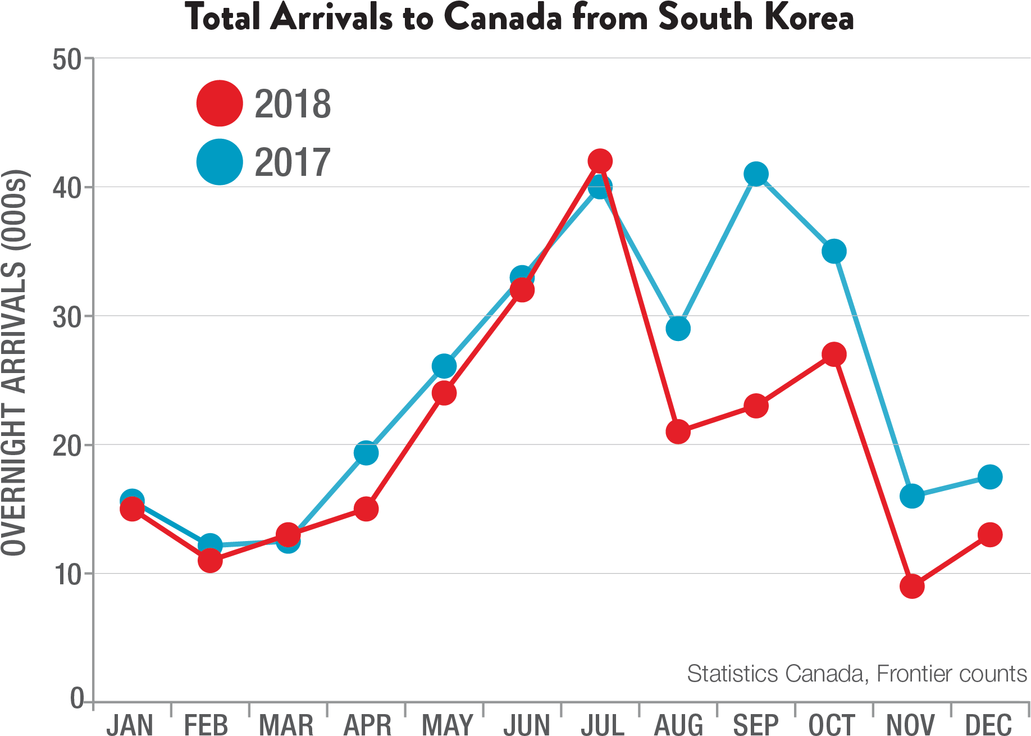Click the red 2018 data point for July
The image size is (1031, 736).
(600, 161)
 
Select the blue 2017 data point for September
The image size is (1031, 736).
(756, 174)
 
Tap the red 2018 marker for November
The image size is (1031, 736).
(912, 587)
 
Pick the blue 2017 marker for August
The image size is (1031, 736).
(678, 329)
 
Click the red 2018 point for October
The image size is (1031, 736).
(834, 355)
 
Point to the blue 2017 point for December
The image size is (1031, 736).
(989, 477)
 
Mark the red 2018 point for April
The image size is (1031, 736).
(366, 509)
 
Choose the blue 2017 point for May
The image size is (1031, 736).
(444, 366)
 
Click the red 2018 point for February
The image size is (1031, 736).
(210, 560)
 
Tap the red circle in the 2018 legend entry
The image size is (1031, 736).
(220, 103)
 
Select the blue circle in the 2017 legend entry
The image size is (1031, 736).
(220, 162)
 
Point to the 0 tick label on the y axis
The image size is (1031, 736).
(77, 698)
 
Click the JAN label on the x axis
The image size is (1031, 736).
(130, 724)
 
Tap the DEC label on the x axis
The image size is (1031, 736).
(989, 724)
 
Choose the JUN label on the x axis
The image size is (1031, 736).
(527, 724)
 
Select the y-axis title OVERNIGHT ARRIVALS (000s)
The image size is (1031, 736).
(14, 363)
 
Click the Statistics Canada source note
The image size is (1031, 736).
(857, 673)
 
